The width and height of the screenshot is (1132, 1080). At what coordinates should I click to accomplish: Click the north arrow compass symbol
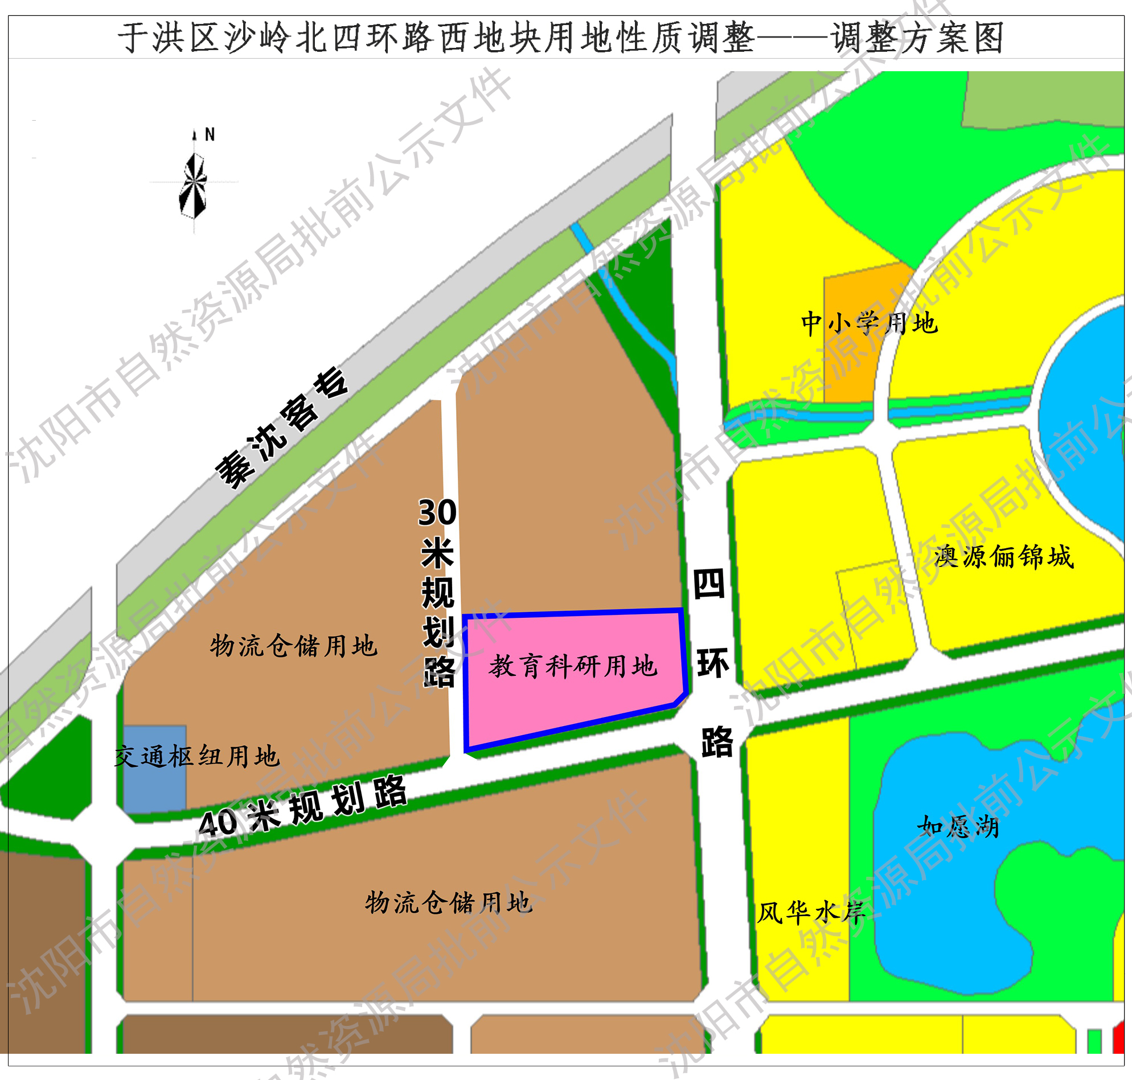pos(194,186)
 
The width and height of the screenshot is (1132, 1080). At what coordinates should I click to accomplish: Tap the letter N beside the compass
pos(210,135)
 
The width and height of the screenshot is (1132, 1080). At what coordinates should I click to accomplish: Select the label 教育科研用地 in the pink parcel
pos(573,667)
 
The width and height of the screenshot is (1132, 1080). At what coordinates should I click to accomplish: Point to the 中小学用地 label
pos(869,323)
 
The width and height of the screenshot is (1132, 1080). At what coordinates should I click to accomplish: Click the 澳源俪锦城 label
pos(1004,557)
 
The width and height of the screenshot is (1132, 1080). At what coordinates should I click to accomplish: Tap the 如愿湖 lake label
pos(958,827)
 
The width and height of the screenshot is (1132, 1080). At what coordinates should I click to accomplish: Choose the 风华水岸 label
pos(811,913)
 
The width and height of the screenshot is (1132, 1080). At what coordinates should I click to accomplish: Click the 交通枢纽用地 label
pos(197,757)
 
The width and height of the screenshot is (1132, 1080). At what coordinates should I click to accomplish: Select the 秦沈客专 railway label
pos(281,428)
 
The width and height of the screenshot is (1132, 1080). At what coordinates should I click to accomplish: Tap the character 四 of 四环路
pos(709,584)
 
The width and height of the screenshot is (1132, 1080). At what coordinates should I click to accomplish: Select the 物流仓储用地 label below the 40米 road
pos(449,903)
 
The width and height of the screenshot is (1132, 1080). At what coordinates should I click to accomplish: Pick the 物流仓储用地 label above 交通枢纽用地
pos(294,646)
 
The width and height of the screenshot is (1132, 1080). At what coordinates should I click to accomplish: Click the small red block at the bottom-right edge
pos(1119,1040)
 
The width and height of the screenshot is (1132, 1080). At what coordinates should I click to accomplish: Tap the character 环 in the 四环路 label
pos(713,663)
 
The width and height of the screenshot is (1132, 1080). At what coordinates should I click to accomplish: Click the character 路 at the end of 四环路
pos(717,742)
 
